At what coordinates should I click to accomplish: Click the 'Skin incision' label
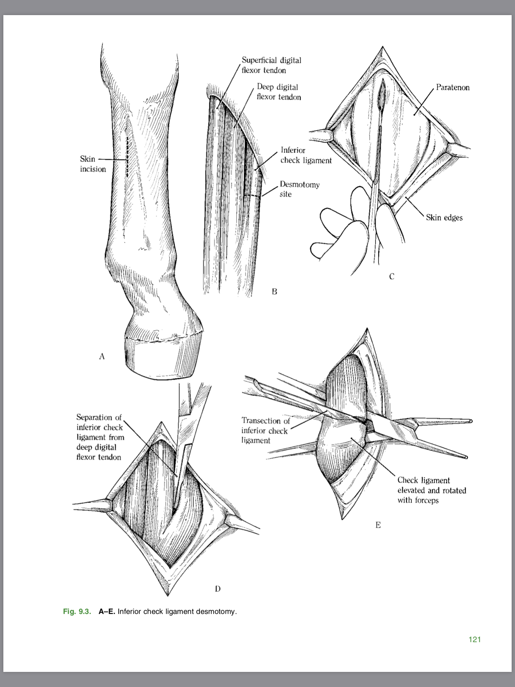pyautogui.click(x=93, y=164)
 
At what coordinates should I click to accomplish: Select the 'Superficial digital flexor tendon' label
pyautogui.click(x=271, y=65)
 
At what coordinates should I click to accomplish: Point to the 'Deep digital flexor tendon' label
pyautogui.click(x=279, y=92)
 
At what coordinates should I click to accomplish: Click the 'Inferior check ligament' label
pyautogui.click(x=306, y=155)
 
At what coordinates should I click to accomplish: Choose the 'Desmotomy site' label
pyautogui.click(x=299, y=189)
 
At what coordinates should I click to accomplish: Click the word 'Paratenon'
pyautogui.click(x=453, y=88)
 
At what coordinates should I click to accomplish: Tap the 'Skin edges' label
pyautogui.click(x=444, y=218)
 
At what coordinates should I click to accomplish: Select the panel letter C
pyautogui.click(x=392, y=276)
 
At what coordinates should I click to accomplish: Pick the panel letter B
pyautogui.click(x=274, y=292)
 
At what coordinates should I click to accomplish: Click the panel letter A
pyautogui.click(x=102, y=356)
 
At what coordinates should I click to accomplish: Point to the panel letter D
pyautogui.click(x=218, y=588)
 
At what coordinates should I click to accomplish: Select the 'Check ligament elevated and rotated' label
pyautogui.click(x=432, y=490)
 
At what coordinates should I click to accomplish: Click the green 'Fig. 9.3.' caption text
pyautogui.click(x=77, y=611)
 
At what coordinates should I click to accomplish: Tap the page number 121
pyautogui.click(x=474, y=639)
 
